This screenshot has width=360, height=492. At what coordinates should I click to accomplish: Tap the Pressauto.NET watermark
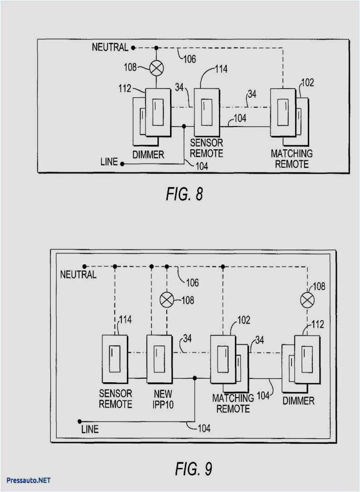point(29,480)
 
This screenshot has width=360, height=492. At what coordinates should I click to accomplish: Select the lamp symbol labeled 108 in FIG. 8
point(156,68)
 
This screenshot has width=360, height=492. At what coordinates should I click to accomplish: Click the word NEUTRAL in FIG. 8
point(110,47)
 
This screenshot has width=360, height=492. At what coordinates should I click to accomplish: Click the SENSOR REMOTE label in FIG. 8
point(206,148)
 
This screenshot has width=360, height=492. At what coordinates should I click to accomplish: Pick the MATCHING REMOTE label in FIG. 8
point(292,158)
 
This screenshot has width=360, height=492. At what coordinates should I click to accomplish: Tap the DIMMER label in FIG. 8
point(148,155)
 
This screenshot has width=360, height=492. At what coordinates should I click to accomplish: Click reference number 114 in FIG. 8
point(221,69)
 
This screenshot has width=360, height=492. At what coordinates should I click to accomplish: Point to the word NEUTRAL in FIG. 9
point(78,274)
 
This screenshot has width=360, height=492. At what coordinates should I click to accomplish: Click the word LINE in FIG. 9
point(89,429)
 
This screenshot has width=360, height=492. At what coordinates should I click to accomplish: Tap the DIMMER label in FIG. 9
point(298,401)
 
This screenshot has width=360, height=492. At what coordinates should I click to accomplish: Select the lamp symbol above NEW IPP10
point(168,300)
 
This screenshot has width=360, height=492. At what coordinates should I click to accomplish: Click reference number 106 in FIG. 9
point(192,283)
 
